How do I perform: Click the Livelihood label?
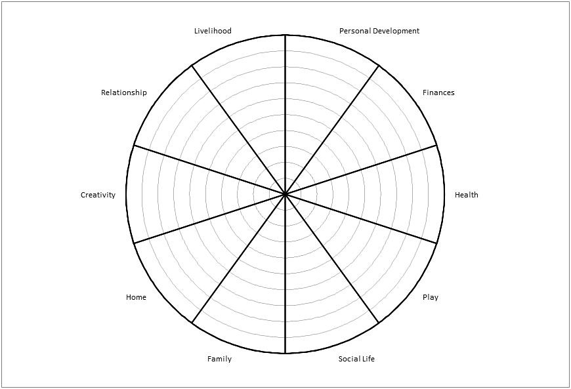pyautogui.click(x=213, y=31)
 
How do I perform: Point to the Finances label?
pyautogui.click(x=438, y=92)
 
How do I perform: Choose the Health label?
pyautogui.click(x=466, y=195)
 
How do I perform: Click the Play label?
pyautogui.click(x=431, y=297)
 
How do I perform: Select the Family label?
pyautogui.click(x=219, y=359)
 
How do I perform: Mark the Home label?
pyautogui.click(x=136, y=297)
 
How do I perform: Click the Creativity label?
pyautogui.click(x=98, y=195)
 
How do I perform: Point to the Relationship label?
pyautogui.click(x=124, y=92)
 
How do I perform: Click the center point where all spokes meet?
pyautogui.click(x=285, y=194)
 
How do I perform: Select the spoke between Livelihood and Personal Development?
pyautogui.click(x=285, y=115)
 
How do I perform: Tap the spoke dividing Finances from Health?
pyautogui.click(x=360, y=170)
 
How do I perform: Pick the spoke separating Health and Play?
pyautogui.click(x=360, y=218)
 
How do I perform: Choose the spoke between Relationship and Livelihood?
pyautogui.click(x=238, y=130)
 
